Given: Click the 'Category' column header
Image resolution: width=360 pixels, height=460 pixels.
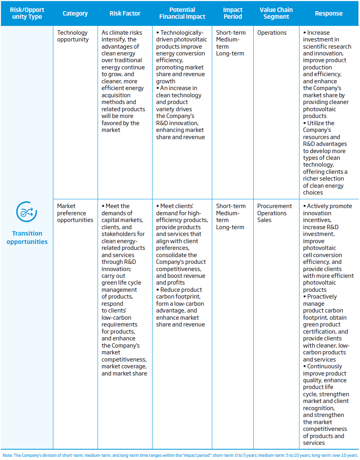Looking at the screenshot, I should pos(75,13).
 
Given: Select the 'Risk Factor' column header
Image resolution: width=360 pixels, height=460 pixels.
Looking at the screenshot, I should pos(125,13).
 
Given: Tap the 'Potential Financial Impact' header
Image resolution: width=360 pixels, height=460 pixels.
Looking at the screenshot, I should pos(182,13).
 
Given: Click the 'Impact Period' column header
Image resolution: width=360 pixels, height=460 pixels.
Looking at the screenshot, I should pos(233,13).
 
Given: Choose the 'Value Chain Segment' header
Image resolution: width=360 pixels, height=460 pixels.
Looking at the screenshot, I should pos(276,13).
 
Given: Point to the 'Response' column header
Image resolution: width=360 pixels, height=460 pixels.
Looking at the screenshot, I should pos(329,13).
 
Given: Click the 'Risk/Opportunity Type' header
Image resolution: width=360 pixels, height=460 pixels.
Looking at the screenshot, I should pos(27,13).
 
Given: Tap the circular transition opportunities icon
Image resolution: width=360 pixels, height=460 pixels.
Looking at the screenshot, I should pos(27,212).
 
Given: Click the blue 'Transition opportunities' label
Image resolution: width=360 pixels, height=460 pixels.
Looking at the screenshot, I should pos(27,238).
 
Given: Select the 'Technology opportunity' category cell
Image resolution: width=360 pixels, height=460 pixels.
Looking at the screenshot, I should pos(73,36).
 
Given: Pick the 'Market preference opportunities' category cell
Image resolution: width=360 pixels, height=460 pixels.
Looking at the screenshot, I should pos(75,213).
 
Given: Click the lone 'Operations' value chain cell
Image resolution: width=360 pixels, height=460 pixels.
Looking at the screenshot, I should pos(272,33).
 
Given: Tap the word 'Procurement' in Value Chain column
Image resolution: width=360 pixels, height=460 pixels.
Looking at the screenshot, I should pos(274,206).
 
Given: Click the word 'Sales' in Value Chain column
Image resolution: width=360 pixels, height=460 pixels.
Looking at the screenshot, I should pos(265,220).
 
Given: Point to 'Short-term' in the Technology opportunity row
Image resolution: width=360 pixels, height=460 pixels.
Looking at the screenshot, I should pos(231,33).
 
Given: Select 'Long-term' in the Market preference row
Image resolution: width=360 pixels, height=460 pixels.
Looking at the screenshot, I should pos(230,227).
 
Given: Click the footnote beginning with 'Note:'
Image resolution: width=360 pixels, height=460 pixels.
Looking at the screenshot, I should pos(180,455).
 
